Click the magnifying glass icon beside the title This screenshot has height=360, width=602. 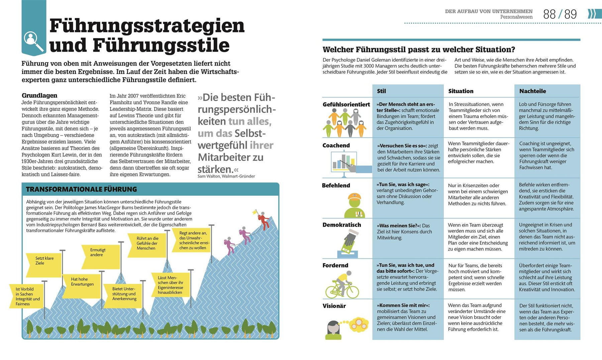click(33, 41)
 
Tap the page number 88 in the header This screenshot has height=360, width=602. click(549, 14)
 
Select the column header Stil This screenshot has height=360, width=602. click(381, 91)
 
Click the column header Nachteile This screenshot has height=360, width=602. click(532, 91)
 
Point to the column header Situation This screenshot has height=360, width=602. click(461, 91)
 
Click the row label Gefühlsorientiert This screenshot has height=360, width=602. click(346, 104)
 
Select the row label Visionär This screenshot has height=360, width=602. click(334, 306)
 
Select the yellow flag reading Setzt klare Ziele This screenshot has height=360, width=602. click(44, 265)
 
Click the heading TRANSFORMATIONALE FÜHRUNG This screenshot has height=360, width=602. click(81, 189)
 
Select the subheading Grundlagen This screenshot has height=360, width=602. click(39, 95)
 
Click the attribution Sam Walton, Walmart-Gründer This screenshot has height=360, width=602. click(226, 176)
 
